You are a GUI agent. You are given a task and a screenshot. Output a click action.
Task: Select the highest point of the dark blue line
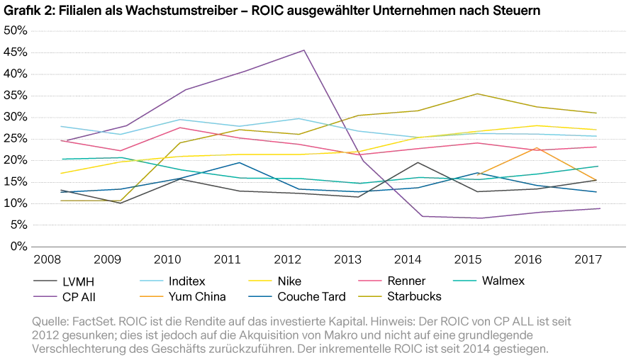[240, 162]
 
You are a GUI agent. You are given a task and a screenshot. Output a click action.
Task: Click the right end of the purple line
[600, 208]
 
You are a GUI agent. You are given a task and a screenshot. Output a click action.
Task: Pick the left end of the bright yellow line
[58, 173]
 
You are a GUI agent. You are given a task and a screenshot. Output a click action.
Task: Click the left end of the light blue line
[58, 127]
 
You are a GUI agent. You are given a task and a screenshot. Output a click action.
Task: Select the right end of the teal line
[600, 167]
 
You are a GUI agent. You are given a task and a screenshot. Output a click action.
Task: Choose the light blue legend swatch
[150, 281]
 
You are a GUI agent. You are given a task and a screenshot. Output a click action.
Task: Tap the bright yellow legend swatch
[259, 281]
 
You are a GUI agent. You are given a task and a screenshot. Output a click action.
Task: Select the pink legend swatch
[372, 281]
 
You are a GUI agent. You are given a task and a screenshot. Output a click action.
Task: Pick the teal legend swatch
[464, 281]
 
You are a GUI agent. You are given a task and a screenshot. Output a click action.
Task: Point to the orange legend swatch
[150, 297]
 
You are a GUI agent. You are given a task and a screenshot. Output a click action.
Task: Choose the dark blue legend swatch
[259, 297]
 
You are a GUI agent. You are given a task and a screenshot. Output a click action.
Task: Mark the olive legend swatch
[372, 297]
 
